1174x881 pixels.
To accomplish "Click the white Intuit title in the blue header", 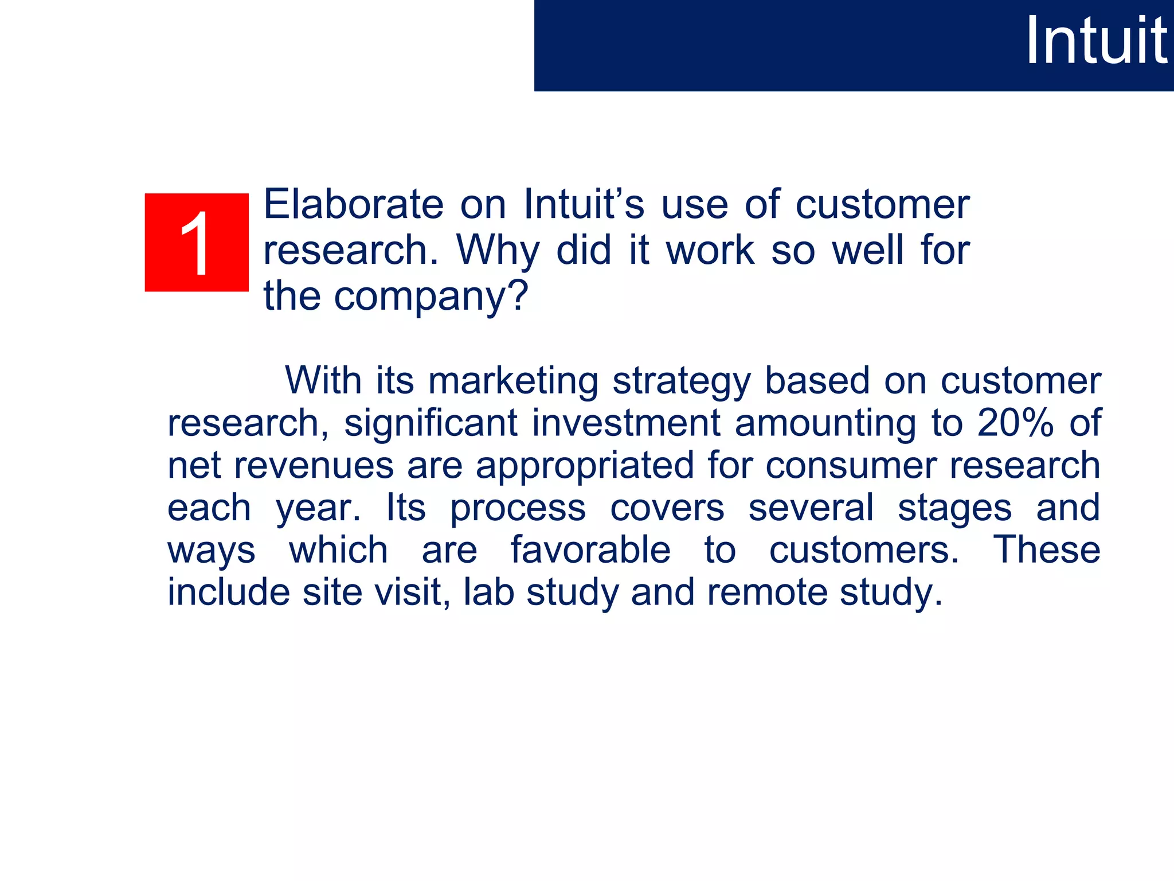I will [x=1095, y=41].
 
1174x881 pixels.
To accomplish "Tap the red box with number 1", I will [x=197, y=243].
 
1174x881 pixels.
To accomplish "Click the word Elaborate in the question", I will [x=353, y=204].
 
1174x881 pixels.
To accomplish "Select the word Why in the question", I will [x=498, y=251].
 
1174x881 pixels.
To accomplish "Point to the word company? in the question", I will [x=431, y=297].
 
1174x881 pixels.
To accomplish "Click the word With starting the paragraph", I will [x=323, y=380].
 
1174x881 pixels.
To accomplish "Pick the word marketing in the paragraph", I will [x=513, y=381].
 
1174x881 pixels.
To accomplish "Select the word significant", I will [x=431, y=424].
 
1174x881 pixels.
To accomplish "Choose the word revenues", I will [x=314, y=466].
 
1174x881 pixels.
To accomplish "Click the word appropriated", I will [x=584, y=466].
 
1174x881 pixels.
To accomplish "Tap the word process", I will [x=518, y=509].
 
